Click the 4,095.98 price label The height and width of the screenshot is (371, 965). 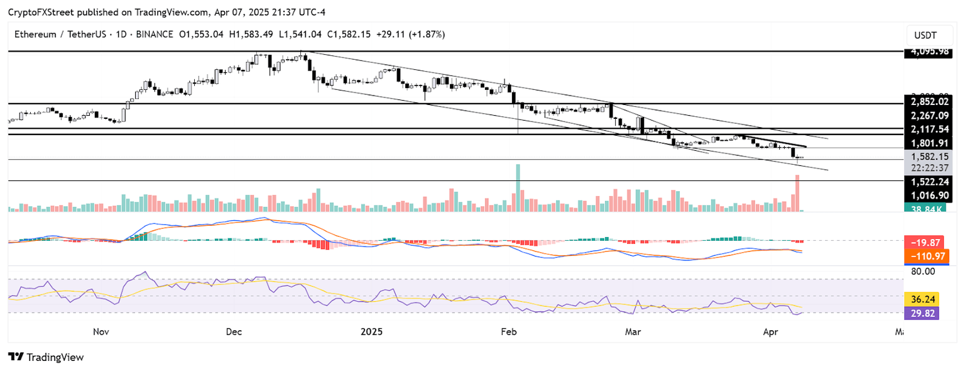(x=927, y=52)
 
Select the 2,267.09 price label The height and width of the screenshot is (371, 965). (x=927, y=115)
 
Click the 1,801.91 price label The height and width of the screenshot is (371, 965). (x=927, y=143)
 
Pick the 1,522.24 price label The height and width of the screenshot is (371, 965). (x=927, y=181)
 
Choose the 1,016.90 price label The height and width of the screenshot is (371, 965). (x=927, y=196)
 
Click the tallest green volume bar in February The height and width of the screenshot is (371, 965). (x=518, y=188)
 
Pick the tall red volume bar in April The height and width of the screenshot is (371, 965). (x=797, y=193)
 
